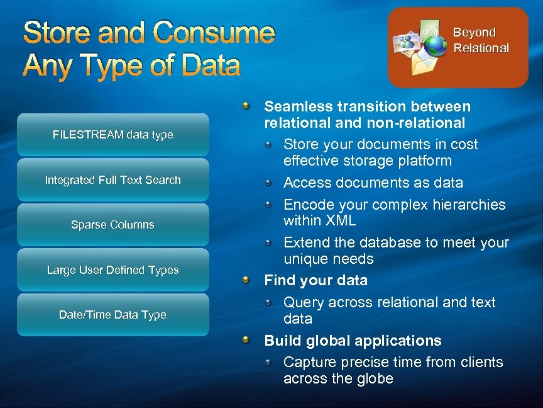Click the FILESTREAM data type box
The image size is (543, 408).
pos(113,135)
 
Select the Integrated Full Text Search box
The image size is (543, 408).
pos(113,180)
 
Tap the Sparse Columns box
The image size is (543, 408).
pos(113,225)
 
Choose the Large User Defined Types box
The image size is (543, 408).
pos(113,270)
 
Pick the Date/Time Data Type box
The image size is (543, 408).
pos(113,315)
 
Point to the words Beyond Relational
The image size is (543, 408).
pos(481,40)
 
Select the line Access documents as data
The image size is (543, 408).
pos(373,183)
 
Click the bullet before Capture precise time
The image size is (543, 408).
pos(269,362)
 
